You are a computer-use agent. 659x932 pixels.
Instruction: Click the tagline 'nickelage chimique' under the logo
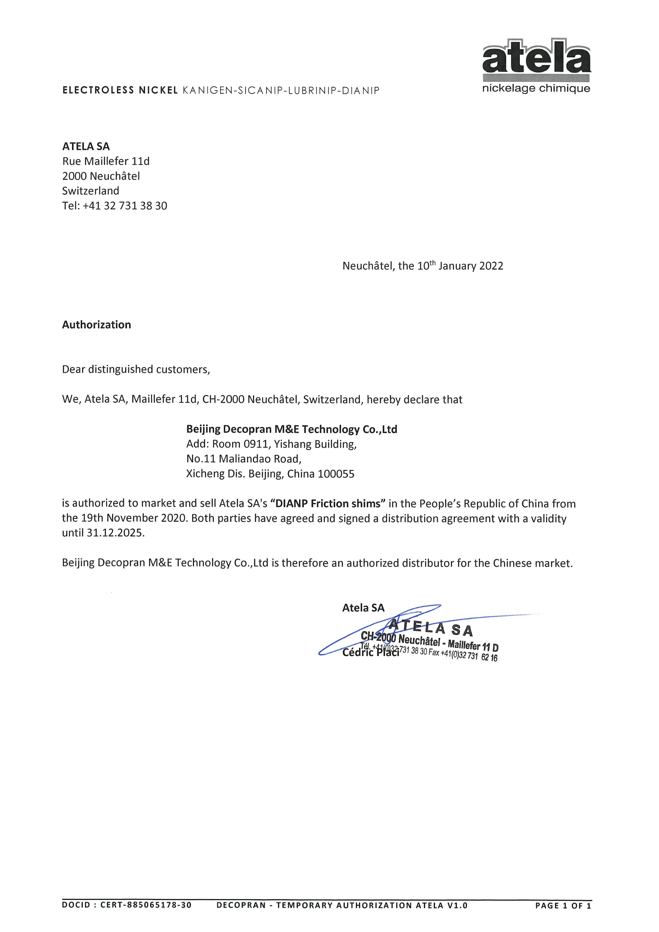point(536,89)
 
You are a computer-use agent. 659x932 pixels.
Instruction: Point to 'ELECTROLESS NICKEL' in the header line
point(120,90)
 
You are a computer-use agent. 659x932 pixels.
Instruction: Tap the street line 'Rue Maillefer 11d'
point(106,161)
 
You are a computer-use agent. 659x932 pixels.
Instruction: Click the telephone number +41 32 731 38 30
point(125,206)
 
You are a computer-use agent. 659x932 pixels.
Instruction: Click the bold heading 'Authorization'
point(97,325)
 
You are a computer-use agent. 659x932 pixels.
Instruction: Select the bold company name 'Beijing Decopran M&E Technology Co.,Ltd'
point(292,429)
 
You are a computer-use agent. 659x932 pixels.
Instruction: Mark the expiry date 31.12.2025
point(116,533)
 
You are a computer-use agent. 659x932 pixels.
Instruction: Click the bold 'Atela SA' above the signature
point(363,608)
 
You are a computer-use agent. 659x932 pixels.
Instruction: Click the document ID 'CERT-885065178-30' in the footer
point(146,905)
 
